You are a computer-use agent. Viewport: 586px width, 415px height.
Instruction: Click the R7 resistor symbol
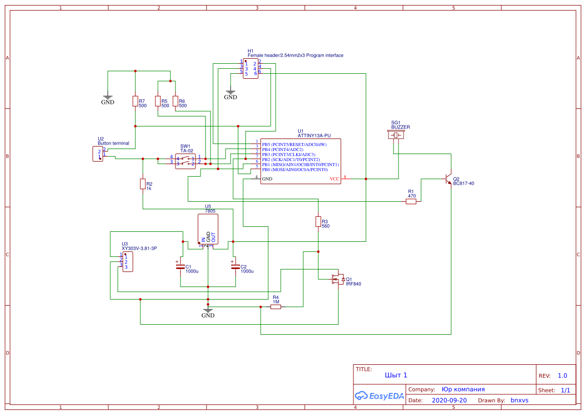(135, 101)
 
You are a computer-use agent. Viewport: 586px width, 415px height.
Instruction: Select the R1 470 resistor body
(411, 202)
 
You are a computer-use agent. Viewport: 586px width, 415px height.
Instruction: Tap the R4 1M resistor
(276, 307)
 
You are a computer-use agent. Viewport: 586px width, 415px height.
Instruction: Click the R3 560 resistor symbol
(318, 221)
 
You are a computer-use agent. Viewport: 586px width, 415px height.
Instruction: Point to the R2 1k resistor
(143, 184)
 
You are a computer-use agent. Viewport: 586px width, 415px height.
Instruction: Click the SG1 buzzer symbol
(396, 135)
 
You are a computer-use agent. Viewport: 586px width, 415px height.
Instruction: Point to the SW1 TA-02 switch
(185, 161)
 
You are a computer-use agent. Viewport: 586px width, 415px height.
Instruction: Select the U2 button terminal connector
(98, 154)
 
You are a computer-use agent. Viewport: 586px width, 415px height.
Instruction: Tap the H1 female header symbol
(251, 69)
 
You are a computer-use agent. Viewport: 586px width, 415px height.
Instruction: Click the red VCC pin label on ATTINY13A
(334, 179)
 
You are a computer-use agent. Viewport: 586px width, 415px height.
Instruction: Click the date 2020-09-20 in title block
(449, 400)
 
